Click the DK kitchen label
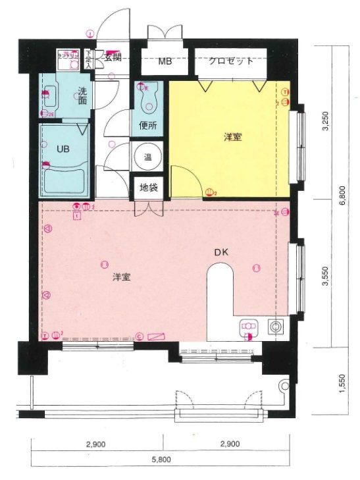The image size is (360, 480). tap(220, 252)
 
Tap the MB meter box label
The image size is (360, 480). tap(165, 62)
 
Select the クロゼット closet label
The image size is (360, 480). tap(231, 61)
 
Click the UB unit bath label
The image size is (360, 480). tap(62, 149)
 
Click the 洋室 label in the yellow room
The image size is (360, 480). tap(232, 138)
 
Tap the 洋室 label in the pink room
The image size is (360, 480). tap(120, 277)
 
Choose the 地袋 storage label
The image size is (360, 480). tap(148, 187)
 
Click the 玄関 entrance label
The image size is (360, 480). tap(112, 57)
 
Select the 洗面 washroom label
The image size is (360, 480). tap(82, 96)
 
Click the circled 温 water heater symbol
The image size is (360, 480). tap(148, 157)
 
